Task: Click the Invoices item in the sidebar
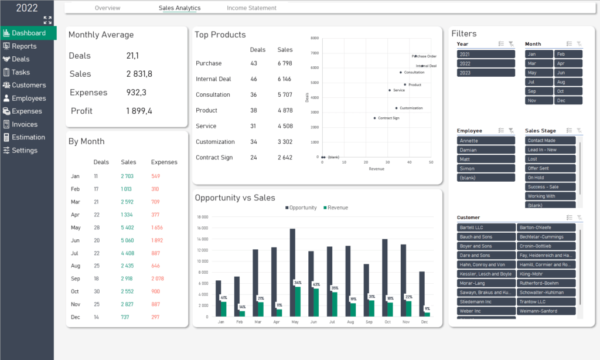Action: pos(24,124)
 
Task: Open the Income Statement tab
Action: pos(251,8)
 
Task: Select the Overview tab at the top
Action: pos(107,8)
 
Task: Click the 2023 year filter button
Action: pos(486,73)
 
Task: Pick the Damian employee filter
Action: pos(486,150)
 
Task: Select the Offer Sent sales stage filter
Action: pos(550,168)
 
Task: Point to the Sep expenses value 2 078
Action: pos(158,279)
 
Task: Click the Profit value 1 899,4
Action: pos(139,111)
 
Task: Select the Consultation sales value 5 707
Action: pos(285,94)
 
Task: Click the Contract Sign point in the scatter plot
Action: pos(375,118)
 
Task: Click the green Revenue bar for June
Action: pos(316,302)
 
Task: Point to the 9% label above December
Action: pos(427,308)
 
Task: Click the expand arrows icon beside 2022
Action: pos(47,20)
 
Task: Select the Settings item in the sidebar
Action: pos(24,150)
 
